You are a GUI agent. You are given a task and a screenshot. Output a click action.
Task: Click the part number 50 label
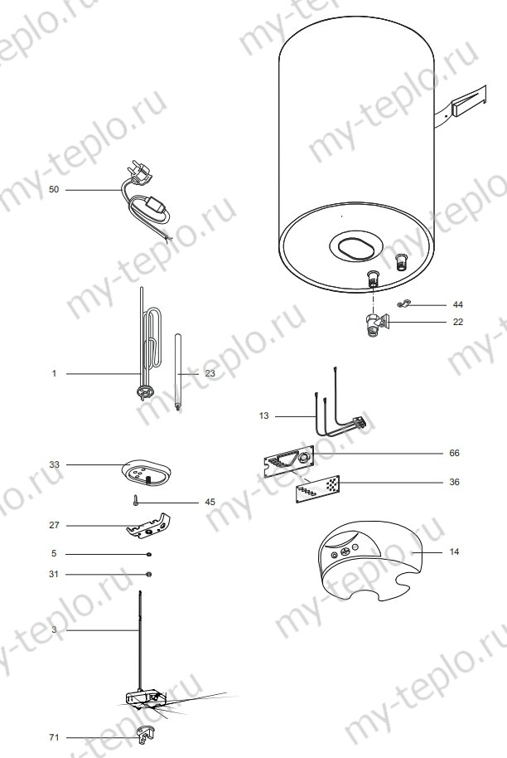pyautogui.click(x=54, y=190)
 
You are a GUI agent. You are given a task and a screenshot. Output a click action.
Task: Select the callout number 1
pyautogui.click(x=54, y=374)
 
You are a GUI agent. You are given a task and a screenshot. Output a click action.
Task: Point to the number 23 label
pyautogui.click(x=210, y=374)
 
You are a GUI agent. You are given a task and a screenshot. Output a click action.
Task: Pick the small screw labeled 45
pyautogui.click(x=133, y=501)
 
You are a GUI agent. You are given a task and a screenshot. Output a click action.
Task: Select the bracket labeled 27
pyautogui.click(x=149, y=525)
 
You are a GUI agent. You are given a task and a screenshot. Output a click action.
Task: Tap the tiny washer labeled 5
pyautogui.click(x=147, y=554)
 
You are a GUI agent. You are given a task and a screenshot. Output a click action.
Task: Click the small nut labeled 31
pyautogui.click(x=147, y=574)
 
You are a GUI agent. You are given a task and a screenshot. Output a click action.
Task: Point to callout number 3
pyautogui.click(x=54, y=631)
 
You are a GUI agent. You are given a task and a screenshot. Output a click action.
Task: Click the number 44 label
pyautogui.click(x=458, y=304)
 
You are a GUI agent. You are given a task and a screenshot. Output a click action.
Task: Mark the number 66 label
pyautogui.click(x=453, y=453)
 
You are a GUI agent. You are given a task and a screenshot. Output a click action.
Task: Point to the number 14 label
pyautogui.click(x=453, y=551)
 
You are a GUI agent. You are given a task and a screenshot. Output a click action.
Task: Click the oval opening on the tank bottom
pyautogui.click(x=356, y=247)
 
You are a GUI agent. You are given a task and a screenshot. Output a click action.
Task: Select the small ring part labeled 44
pyautogui.click(x=403, y=305)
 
